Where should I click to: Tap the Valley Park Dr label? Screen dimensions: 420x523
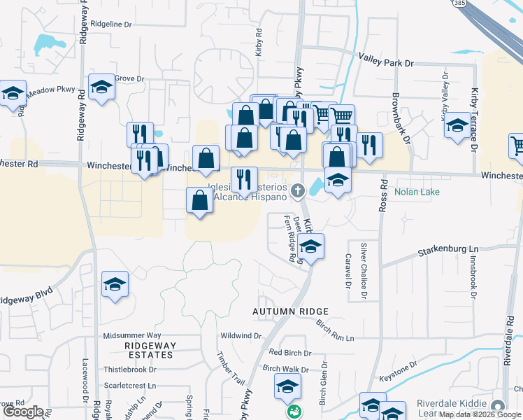pos(386,63)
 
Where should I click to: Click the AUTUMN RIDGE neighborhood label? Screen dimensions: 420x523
pos(291,311)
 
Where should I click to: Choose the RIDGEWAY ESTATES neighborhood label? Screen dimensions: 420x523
pos(149,350)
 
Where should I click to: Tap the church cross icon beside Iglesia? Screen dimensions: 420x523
pos(297,190)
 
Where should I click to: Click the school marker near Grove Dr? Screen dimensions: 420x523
pos(101,87)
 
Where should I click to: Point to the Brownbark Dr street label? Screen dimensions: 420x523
pos(396,115)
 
